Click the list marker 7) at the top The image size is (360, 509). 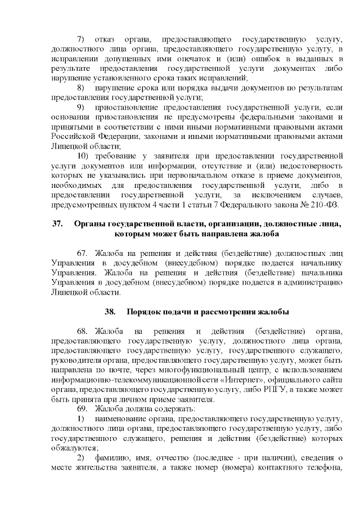80,39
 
